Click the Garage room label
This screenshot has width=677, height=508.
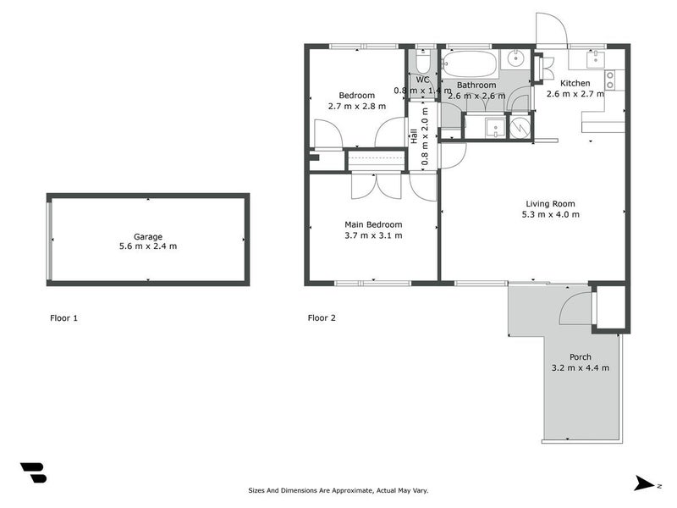pos(147,236)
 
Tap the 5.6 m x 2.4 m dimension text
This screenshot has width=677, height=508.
pos(147,246)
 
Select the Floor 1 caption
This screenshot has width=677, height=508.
pos(64,318)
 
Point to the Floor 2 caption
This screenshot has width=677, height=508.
pos(322,318)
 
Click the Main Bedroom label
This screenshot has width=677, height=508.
pos(372,224)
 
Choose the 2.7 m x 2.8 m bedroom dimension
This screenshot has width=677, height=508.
pos(356,106)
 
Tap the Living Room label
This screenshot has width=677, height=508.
pos(551,203)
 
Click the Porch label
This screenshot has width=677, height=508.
pos(581,356)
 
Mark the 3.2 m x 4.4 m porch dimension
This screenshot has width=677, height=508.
pos(581,367)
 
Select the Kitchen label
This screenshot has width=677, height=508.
pos(575,83)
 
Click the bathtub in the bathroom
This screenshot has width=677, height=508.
pos(471,63)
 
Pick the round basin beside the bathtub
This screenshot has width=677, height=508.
pos(515,60)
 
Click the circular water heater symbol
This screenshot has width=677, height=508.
pos(521,126)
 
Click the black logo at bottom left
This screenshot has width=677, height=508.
pos(33,472)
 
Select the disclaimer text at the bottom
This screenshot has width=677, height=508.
pos(338,490)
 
